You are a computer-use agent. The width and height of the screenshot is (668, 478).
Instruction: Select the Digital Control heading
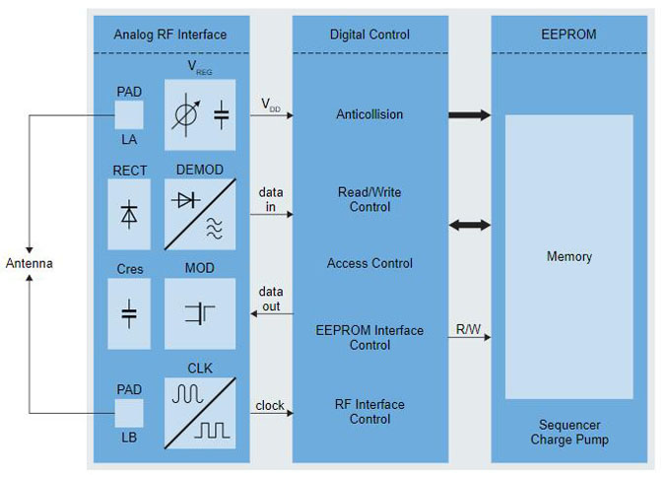[369, 35]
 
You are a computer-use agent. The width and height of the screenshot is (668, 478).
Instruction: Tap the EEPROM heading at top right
[569, 35]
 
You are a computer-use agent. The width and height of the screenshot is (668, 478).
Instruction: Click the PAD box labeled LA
[129, 115]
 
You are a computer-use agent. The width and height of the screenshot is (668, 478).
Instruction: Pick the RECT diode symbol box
[129, 214]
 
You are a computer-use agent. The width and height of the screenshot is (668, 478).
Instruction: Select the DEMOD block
[200, 214]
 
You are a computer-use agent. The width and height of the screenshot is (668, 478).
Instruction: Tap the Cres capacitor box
[129, 313]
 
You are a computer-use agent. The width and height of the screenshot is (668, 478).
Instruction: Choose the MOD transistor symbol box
[200, 313]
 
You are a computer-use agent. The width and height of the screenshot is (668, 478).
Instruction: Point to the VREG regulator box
[200, 115]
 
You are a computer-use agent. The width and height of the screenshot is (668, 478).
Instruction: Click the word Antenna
[29, 263]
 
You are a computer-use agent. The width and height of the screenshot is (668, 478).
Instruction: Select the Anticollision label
[369, 115]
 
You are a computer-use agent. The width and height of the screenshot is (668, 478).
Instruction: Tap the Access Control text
[369, 263]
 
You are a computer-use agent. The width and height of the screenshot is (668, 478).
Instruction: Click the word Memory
[569, 256]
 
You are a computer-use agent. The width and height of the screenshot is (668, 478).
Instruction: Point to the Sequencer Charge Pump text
[569, 432]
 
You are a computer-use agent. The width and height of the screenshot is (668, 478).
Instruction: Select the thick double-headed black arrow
[469, 226]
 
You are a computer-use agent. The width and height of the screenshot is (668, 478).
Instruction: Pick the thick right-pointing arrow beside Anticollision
[469, 115]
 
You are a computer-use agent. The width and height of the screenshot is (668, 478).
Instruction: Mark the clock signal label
[270, 405]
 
